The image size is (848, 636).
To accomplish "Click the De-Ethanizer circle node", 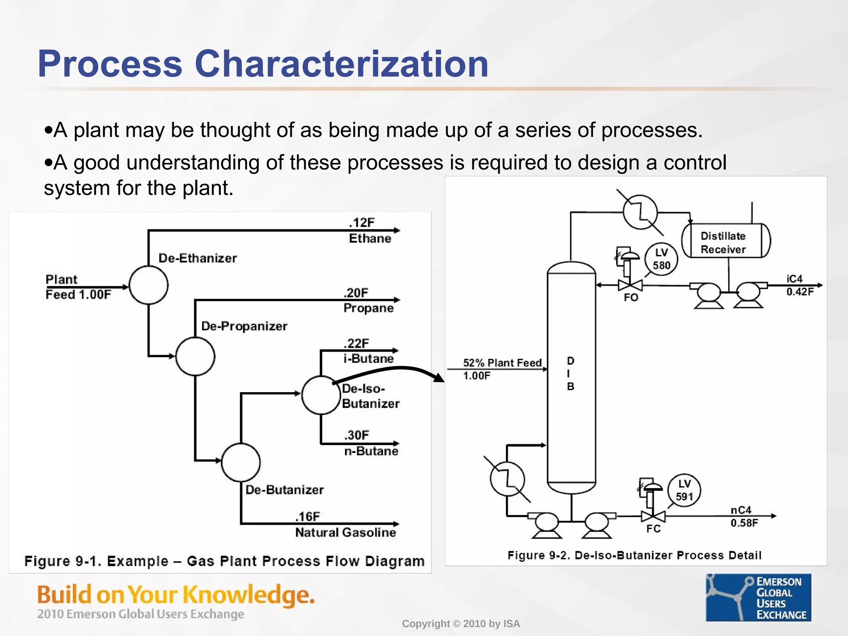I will click(149, 285).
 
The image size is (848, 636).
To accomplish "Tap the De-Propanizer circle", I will click(195, 357).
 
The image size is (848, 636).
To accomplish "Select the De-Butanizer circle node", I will click(241, 463).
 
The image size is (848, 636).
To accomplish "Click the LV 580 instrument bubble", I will click(661, 259).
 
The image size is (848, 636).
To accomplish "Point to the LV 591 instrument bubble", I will click(684, 490).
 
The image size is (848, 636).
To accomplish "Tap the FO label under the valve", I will click(631, 297).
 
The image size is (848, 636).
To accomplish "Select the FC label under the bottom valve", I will click(653, 529).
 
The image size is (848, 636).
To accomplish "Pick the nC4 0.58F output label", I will click(744, 516).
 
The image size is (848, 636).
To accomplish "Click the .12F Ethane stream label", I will click(369, 231).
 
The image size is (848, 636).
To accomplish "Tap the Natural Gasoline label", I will click(345, 532).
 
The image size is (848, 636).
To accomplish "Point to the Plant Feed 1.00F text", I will click(78, 287).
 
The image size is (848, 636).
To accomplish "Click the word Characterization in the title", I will click(342, 64).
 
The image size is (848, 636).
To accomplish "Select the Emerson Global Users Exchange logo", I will click(758, 597).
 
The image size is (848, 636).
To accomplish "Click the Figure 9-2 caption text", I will click(634, 555).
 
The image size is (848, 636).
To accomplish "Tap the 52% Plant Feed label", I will click(502, 363).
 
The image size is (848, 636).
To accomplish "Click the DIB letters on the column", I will click(571, 373).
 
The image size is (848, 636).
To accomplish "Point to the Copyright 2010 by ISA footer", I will click(461, 624).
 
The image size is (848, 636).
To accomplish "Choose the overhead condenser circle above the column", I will click(640, 212).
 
